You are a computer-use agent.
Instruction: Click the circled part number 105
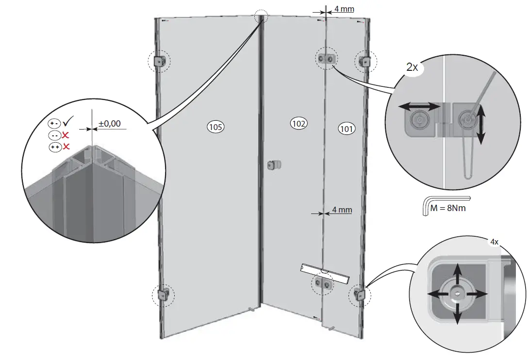[x=215, y=127]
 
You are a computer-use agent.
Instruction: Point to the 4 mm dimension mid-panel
[x=342, y=211]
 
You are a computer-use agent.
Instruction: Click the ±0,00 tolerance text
[x=109, y=124]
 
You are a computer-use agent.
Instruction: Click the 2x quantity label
[x=412, y=67]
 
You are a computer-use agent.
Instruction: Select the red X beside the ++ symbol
[x=66, y=146]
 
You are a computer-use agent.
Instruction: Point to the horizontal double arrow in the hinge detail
[x=419, y=105]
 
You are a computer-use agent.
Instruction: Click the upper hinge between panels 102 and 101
[x=326, y=59]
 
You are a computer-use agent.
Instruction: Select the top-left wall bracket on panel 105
[x=160, y=61]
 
